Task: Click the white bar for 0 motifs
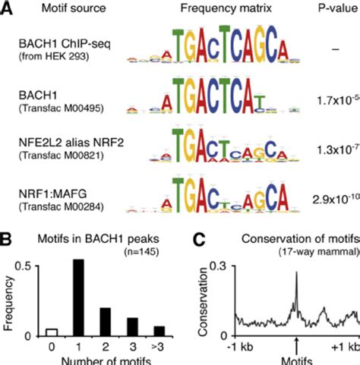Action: pos(52,332)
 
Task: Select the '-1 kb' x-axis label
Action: pos(236,348)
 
